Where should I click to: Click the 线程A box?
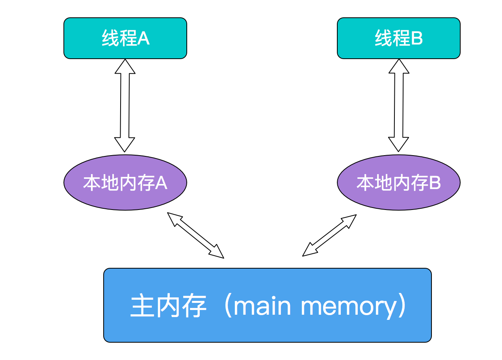[125, 38]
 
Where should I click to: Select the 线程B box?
[398, 38]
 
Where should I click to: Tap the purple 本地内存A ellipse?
[125, 182]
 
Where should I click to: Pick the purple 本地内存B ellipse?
[398, 182]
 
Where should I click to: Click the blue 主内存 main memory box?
[267, 305]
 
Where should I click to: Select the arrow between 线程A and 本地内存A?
[125, 106]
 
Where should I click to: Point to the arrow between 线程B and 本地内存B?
[399, 106]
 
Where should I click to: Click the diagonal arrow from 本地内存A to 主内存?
[195, 235]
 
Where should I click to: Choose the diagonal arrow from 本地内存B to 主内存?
[329, 235]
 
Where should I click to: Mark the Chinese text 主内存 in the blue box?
[169, 306]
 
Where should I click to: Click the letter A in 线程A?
[143, 39]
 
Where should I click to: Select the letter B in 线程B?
[416, 39]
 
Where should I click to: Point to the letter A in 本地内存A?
[161, 183]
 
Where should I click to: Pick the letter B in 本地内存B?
[434, 183]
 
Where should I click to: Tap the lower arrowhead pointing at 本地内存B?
[398, 144]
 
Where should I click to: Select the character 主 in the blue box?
[142, 306]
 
